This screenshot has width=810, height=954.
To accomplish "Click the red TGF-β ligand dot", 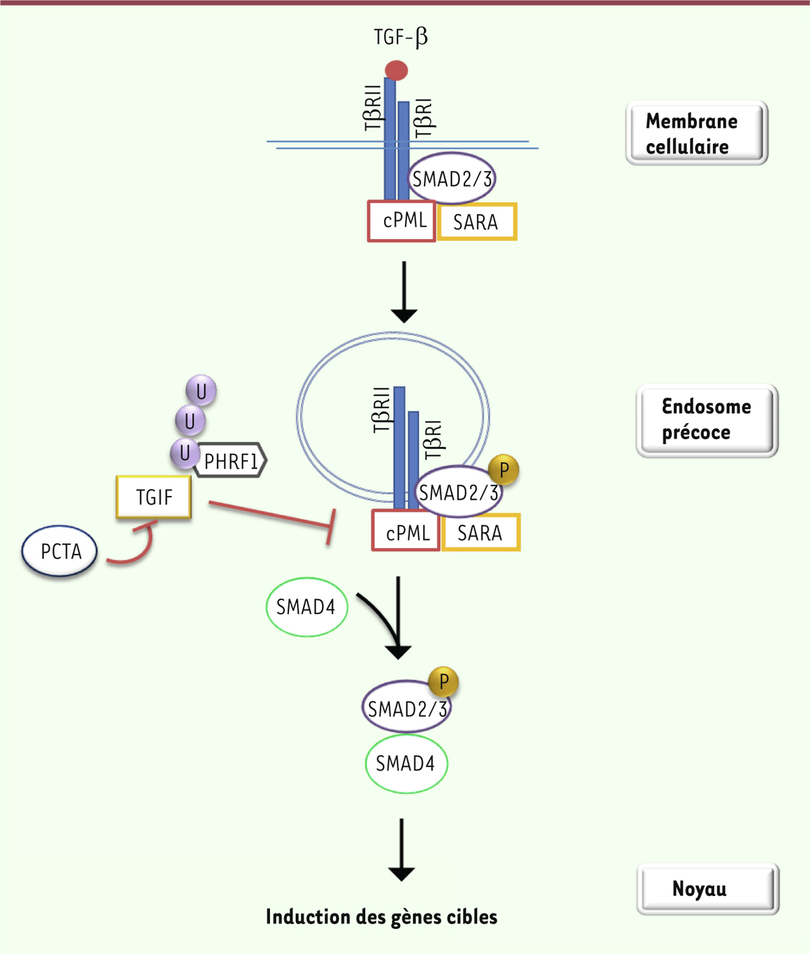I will (x=396, y=70).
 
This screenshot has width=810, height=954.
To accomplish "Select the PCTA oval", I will (x=60, y=551).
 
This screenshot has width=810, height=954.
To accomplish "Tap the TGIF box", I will (x=154, y=497).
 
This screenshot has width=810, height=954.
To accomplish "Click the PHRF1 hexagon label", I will (x=231, y=461).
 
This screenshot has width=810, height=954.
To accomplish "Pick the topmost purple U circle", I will (x=201, y=391).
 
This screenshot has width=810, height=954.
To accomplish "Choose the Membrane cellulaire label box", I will (x=697, y=133).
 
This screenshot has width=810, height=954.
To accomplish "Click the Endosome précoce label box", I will (x=707, y=420).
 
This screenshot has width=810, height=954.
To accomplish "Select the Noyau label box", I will (x=707, y=888).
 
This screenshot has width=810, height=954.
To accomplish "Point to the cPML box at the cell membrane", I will (x=402, y=221).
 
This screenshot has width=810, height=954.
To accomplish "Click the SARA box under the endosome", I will (x=481, y=532).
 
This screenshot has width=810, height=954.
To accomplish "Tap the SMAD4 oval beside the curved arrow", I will (x=306, y=607).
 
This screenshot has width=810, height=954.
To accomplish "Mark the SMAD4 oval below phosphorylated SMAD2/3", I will (x=406, y=763).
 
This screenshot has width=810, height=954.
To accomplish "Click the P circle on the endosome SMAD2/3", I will (x=504, y=470).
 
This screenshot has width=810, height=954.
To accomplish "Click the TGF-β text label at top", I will (x=400, y=36).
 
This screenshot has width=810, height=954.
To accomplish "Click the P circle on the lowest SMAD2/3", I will (x=443, y=682).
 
